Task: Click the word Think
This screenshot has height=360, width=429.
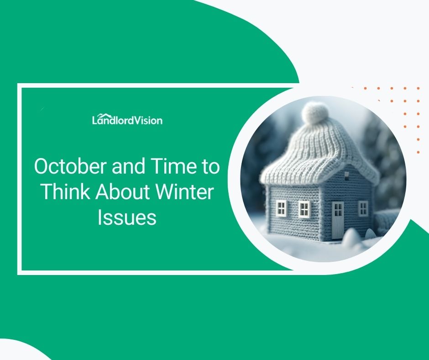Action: (65, 192)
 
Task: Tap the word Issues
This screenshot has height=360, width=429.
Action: (127, 218)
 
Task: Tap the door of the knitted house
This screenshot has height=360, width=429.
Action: (338, 220)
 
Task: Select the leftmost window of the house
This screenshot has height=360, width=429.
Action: (282, 208)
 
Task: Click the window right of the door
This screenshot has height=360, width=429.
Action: (363, 208)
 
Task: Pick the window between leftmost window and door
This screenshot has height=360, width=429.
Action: (304, 209)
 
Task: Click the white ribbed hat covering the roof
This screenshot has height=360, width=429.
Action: (319, 151)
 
